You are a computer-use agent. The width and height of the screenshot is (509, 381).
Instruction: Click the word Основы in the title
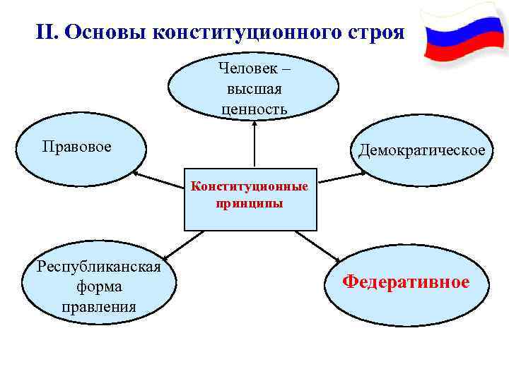tap(105, 32)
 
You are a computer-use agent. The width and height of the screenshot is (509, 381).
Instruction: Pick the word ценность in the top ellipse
tap(254, 109)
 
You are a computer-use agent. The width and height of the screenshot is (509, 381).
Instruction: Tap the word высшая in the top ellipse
tap(254, 89)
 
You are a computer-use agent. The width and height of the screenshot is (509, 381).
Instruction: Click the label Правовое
tap(76, 147)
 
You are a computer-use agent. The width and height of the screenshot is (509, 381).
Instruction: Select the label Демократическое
tap(422, 150)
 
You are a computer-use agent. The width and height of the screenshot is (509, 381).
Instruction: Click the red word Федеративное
tap(406, 282)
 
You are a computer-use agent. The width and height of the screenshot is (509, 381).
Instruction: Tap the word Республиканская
tap(100, 266)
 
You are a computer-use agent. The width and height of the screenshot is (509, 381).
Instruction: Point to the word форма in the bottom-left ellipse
tap(100, 286)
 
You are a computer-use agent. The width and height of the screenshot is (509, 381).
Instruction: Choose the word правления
tap(100, 307)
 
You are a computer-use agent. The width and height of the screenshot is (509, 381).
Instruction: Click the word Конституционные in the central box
tap(250, 188)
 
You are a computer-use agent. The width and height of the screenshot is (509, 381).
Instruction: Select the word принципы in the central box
tap(250, 203)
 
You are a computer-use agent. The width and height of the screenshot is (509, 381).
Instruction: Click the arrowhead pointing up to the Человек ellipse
tap(254, 123)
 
